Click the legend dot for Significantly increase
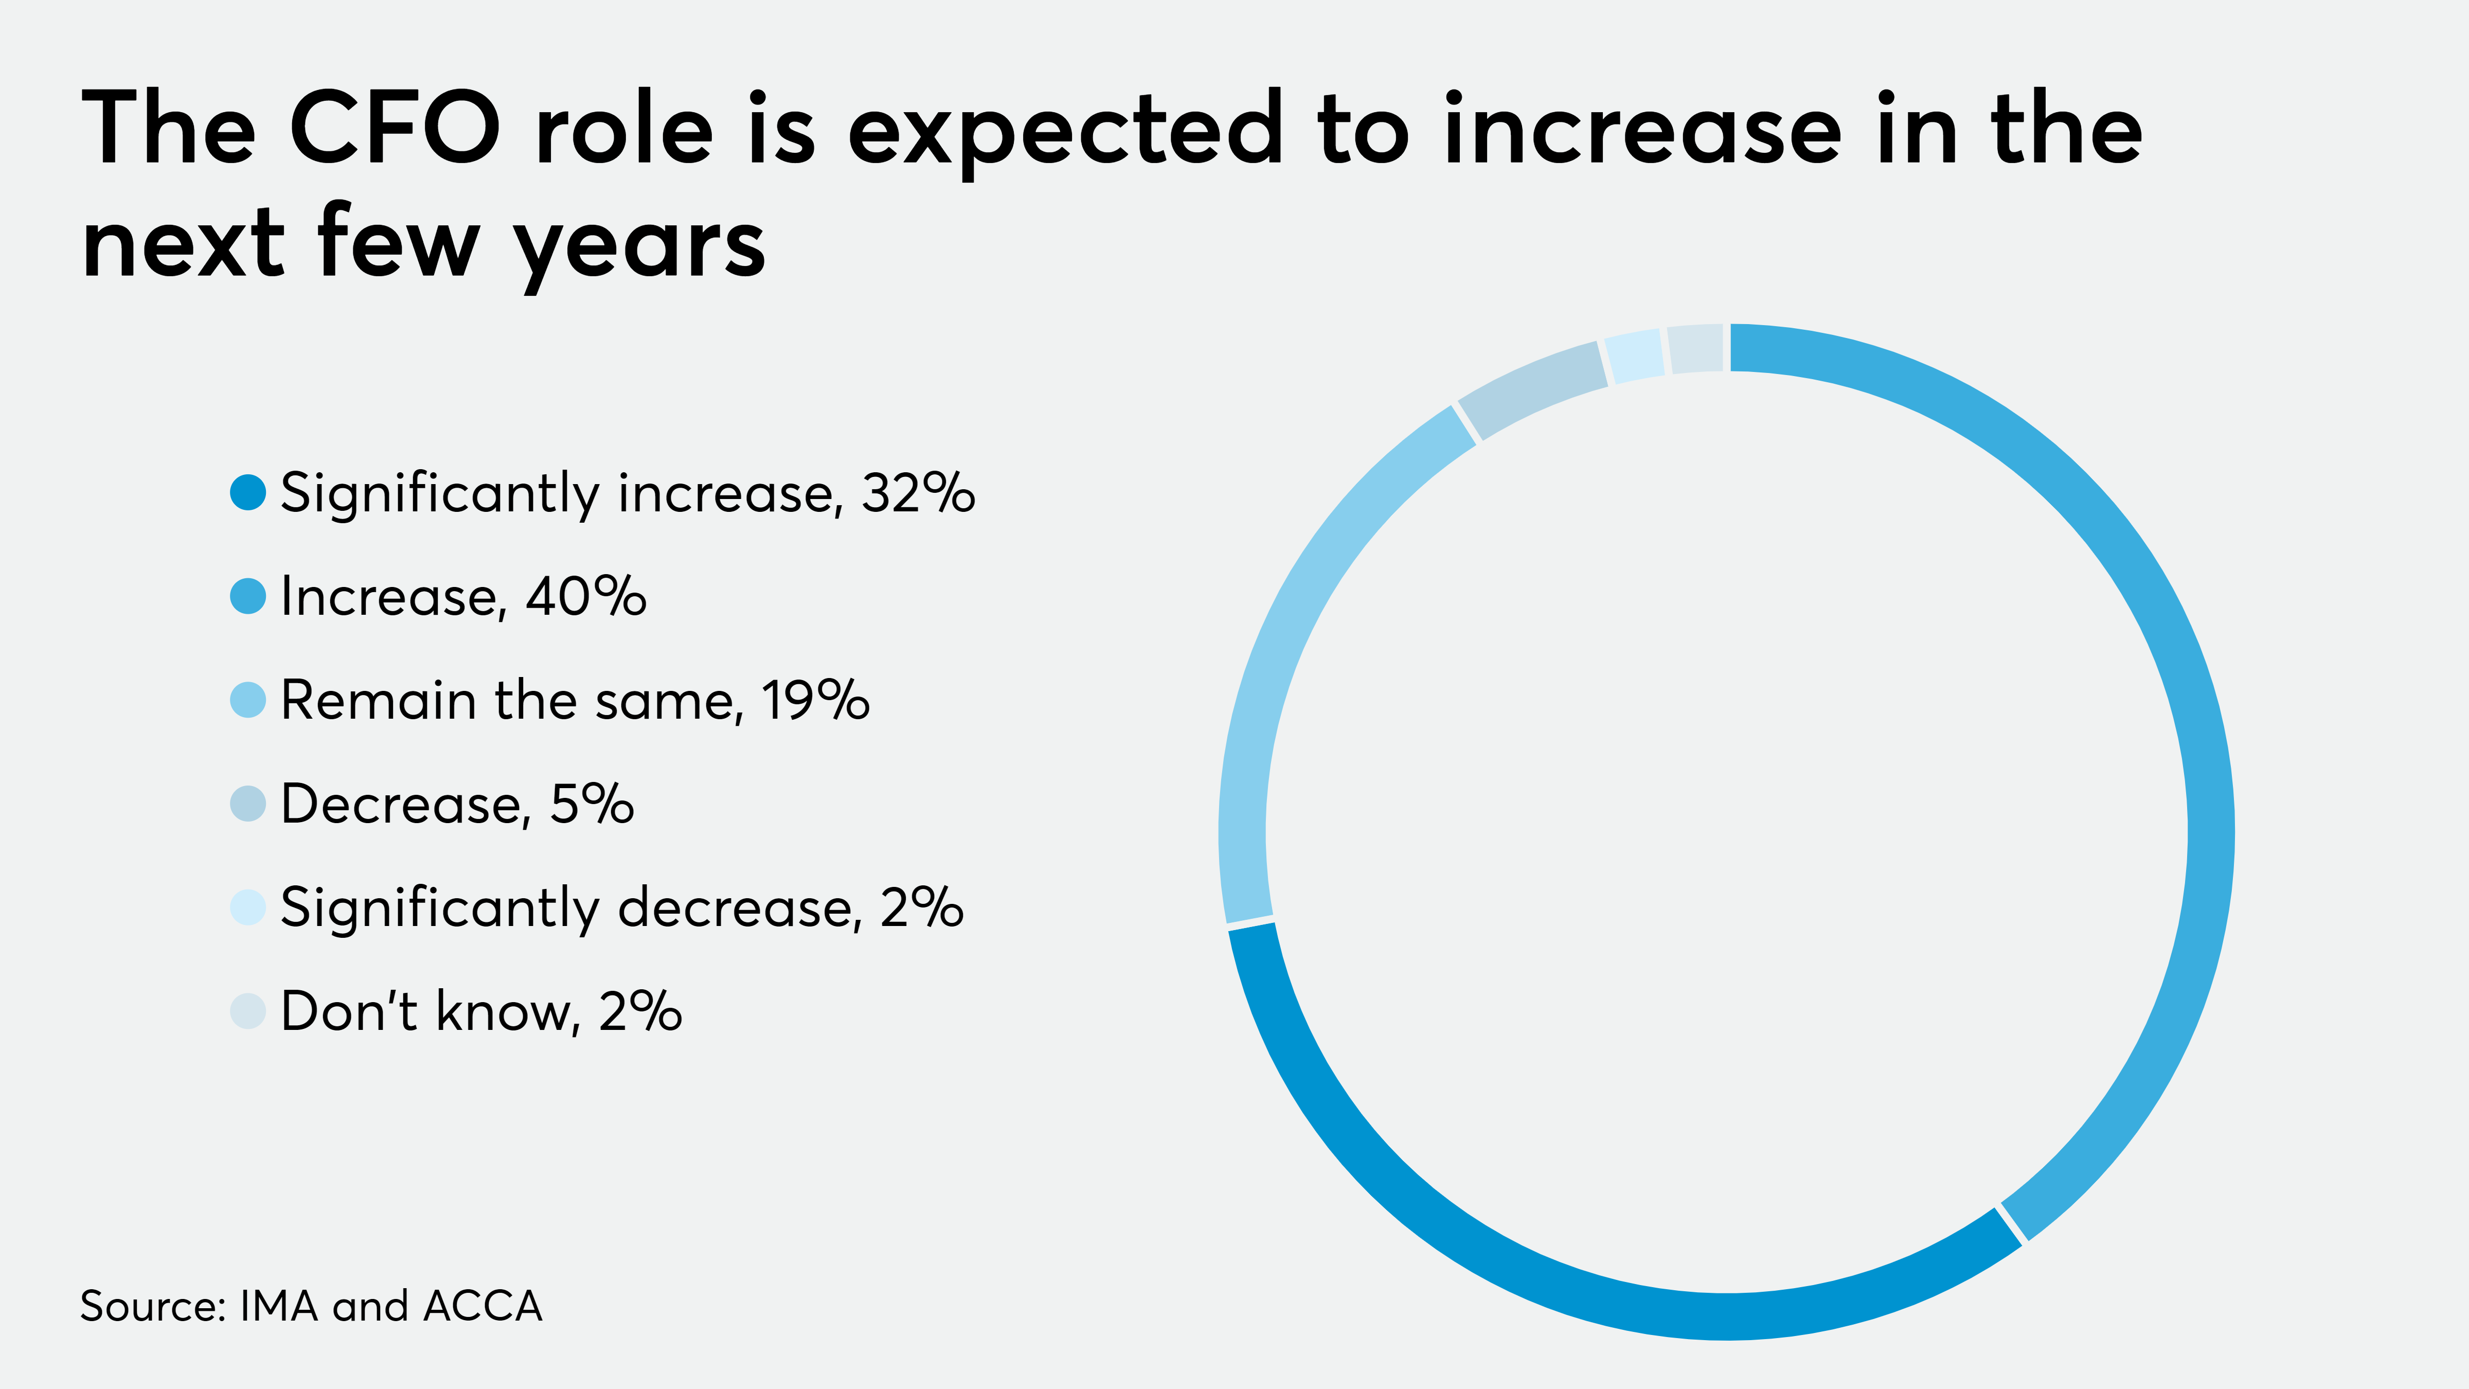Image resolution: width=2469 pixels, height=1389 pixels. (x=247, y=493)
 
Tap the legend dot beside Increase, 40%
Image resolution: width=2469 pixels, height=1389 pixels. (x=247, y=596)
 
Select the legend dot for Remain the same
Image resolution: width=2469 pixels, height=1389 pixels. (x=247, y=700)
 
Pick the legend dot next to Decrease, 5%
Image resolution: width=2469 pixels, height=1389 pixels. (x=247, y=803)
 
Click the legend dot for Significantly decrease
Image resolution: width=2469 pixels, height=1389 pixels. (x=247, y=907)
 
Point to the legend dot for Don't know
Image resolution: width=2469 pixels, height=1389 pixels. (x=247, y=1010)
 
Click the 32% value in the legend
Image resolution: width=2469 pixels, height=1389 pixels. (x=917, y=493)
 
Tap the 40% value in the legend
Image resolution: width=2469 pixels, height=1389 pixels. (x=586, y=596)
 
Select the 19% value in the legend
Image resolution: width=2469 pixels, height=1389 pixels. (x=815, y=700)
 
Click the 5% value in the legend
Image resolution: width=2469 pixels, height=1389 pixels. (x=592, y=803)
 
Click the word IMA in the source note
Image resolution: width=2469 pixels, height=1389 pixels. (x=278, y=1306)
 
